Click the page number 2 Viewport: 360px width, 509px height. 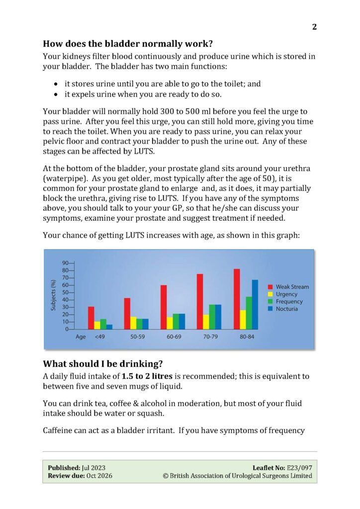coord(314,27)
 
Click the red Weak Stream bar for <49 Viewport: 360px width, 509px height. coord(91,318)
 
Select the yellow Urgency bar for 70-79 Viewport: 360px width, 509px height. coord(206,322)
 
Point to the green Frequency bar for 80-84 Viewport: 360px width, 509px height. coord(249,313)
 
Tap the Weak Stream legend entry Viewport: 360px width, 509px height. coord(291,287)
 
